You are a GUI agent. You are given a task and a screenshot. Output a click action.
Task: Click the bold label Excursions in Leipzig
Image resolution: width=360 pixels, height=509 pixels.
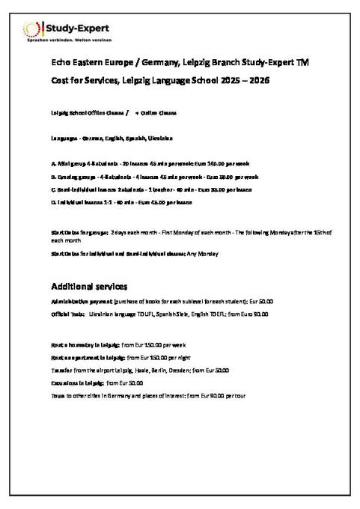pos(77,382)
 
